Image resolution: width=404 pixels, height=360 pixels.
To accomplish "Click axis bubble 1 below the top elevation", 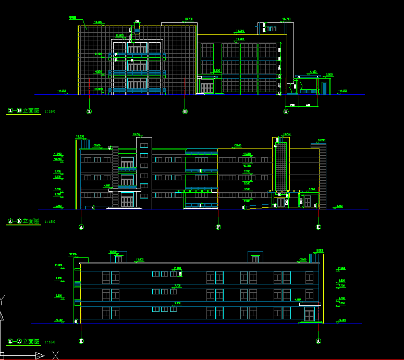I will click(x=89, y=111).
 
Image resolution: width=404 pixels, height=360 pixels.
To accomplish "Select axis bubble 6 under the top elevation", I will click(x=185, y=111).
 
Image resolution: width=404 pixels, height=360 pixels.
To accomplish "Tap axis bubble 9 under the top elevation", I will click(x=286, y=111).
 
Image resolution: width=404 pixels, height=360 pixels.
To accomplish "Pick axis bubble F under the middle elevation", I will click(x=218, y=227).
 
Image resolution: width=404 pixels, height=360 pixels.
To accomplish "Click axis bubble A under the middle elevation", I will click(x=81, y=227).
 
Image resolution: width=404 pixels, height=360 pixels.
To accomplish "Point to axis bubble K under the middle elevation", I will click(x=319, y=227).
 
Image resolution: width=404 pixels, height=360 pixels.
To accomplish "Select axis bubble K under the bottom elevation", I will click(x=81, y=341).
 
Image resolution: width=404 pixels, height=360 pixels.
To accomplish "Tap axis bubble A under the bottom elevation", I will click(x=319, y=341).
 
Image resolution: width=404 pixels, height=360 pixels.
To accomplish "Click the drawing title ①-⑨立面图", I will click(x=24, y=110).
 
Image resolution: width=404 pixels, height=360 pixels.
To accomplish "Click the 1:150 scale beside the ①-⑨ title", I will click(x=50, y=111).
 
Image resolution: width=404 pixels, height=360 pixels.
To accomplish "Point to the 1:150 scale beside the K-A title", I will click(x=50, y=342).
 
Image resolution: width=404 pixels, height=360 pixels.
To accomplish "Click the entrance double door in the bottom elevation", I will click(x=310, y=315).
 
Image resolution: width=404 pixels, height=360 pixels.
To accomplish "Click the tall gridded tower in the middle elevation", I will click(x=281, y=167).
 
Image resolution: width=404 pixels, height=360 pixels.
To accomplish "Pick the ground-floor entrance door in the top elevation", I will click(x=207, y=87).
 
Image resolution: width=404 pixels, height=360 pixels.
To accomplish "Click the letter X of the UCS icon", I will click(x=56, y=355).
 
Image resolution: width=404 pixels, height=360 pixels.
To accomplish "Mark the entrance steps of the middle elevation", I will click(x=125, y=208).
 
